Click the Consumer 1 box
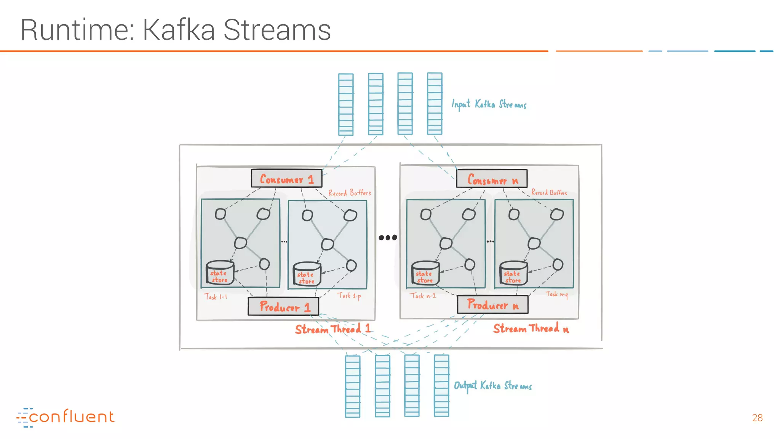pos(286,178)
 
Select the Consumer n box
pos(492,179)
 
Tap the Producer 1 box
pos(283,306)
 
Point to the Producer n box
pos(492,305)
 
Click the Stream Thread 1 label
pos(332,329)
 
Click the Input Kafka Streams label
pos(489,104)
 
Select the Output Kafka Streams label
pos(492,386)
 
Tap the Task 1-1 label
pos(215,296)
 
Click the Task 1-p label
pos(349,295)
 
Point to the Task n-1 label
pos(423,295)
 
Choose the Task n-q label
pos(556,294)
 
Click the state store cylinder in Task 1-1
pos(219,273)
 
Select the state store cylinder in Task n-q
pos(513,273)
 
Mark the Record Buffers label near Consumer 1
pos(349,193)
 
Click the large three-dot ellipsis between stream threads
pos(388,237)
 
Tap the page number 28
pos(757,418)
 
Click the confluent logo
pos(66,417)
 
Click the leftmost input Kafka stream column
pos(346,104)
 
